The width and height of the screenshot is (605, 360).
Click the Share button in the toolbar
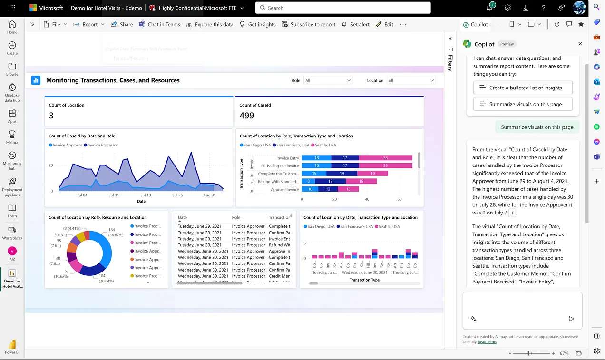pyautogui.click(x=122, y=24)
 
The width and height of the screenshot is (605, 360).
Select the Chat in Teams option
pyautogui.click(x=159, y=24)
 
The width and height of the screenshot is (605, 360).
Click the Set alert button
pyautogui.click(x=355, y=24)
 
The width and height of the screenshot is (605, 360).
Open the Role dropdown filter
pyautogui.click(x=328, y=80)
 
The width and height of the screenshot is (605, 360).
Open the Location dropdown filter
pyautogui.click(x=411, y=80)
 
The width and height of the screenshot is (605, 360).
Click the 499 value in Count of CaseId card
pyautogui.click(x=247, y=116)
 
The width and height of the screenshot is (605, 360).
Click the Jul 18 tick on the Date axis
pyautogui.click(x=146, y=195)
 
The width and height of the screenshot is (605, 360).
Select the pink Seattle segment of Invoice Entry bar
pyautogui.click(x=385, y=158)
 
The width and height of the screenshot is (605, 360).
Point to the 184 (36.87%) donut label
pyautogui.click(x=116, y=232)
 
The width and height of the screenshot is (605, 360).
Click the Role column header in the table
pyautogui.click(x=236, y=217)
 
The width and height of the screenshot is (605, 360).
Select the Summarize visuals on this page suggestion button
pyautogui.click(x=522, y=104)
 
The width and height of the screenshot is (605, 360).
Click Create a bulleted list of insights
pyautogui.click(x=522, y=88)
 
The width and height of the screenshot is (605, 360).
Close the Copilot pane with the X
pyautogui.click(x=580, y=44)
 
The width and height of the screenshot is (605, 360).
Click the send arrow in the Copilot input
pyautogui.click(x=571, y=319)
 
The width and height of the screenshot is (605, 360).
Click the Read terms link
pyautogui.click(x=487, y=342)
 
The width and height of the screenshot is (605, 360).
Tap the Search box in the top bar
pyautogui.click(x=342, y=8)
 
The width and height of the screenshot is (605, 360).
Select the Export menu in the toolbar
pyautogui.click(x=89, y=24)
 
